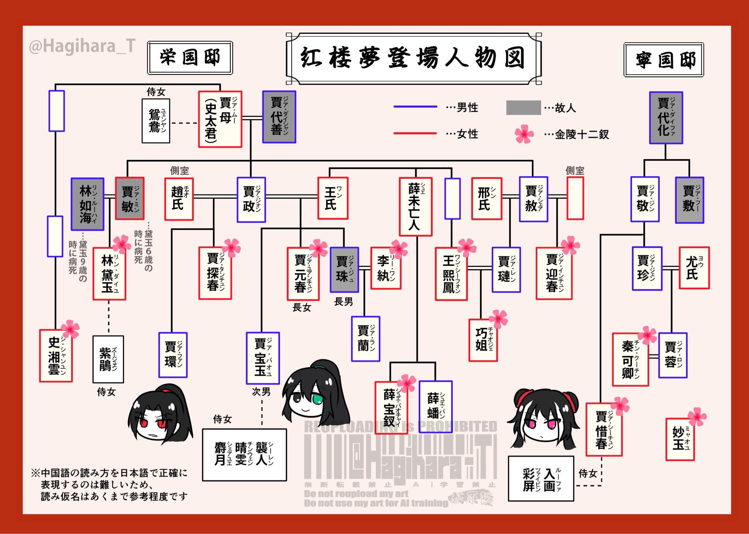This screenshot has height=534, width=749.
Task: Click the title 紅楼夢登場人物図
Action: coord(413,58)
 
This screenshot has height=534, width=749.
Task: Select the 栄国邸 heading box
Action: coord(190,58)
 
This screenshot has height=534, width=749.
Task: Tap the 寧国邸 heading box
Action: coord(663,60)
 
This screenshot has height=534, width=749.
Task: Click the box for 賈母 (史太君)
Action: coord(220,119)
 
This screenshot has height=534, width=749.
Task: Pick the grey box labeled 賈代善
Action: coord(279,117)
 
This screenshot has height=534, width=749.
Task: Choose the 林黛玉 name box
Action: coord(109,274)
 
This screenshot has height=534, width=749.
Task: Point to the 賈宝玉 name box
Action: coord(263,358)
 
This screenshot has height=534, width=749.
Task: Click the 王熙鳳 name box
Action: coord(451,274)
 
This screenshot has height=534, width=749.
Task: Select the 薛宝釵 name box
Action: coord(391,408)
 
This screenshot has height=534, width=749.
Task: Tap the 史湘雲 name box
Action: coord(56,356)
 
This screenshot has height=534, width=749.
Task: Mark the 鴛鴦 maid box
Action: coord(156,121)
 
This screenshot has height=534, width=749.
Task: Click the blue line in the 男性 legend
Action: coord(415,107)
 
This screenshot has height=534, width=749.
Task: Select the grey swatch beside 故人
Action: coord(523,108)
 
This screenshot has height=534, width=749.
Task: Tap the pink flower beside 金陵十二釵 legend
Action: coord(524,134)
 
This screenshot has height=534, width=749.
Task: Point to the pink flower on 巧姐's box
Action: coord(498,319)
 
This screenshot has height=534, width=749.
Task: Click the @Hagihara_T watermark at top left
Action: coord(82,46)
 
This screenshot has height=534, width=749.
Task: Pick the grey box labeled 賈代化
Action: coord(666,118)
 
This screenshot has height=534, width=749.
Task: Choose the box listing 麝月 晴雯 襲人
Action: coord(244,455)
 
